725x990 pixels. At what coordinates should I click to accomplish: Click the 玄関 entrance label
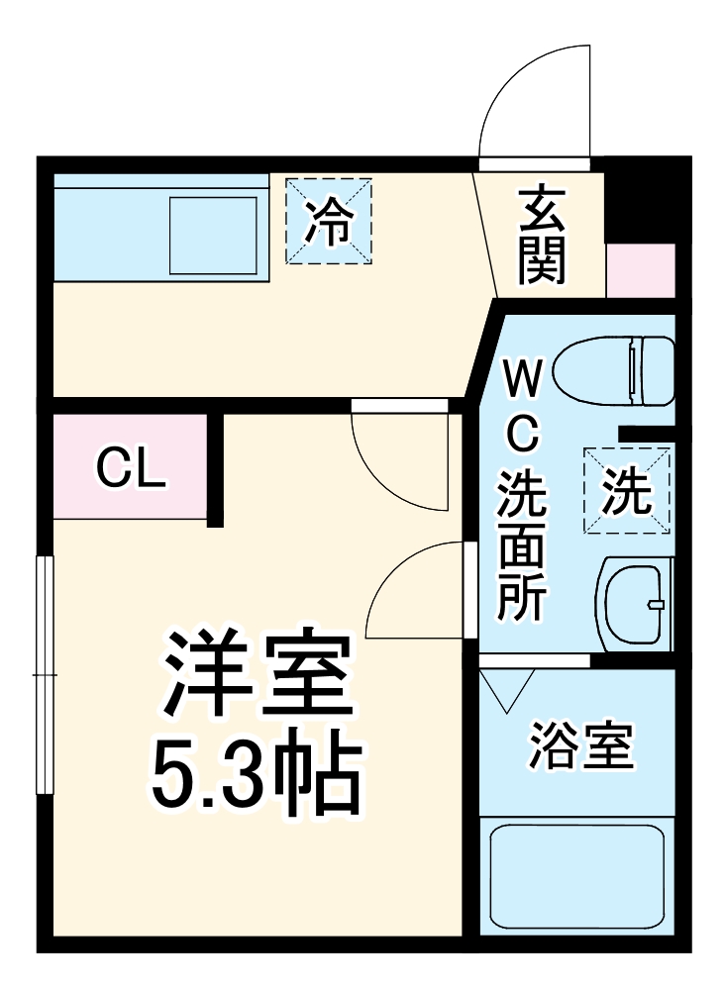point(542,236)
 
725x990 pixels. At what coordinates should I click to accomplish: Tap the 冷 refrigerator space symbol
point(329,222)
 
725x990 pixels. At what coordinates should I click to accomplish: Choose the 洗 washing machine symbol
point(627,491)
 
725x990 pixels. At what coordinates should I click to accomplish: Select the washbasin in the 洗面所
point(635,603)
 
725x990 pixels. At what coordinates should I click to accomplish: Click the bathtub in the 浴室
point(576,875)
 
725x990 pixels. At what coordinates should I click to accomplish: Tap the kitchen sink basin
point(214,236)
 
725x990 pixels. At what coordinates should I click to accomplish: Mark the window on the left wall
point(44,673)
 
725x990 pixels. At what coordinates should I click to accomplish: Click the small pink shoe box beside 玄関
point(640,268)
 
